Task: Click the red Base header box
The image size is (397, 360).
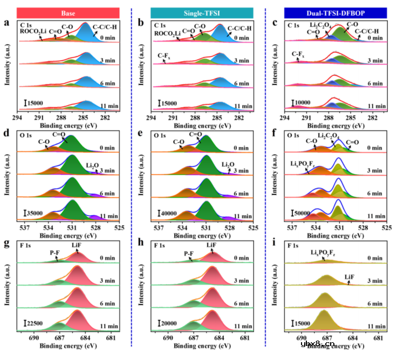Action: [68, 11]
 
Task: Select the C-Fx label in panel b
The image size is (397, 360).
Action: [165, 55]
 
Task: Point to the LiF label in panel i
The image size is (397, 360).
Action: [350, 277]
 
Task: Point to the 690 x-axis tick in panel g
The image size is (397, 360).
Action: [35, 338]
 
